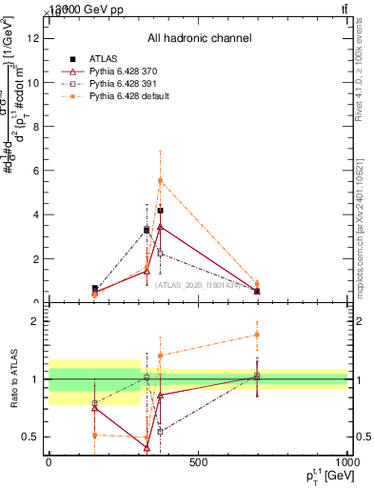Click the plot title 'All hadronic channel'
click(x=199, y=38)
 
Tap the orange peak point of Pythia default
click(x=160, y=180)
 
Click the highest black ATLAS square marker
click(x=160, y=211)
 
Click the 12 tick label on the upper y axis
click(x=33, y=38)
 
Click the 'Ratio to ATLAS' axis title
click(x=12, y=379)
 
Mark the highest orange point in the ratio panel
click(x=257, y=335)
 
